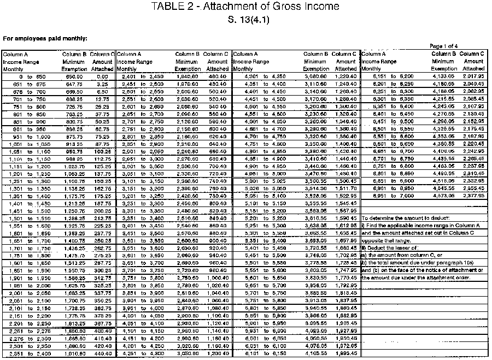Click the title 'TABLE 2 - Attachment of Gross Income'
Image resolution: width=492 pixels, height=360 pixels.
245,7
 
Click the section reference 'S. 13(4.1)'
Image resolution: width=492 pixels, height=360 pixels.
245,20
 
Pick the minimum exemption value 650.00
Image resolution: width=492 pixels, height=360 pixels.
73,77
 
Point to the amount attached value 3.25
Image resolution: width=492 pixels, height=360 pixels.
104,85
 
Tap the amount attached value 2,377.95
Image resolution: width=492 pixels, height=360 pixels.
473,194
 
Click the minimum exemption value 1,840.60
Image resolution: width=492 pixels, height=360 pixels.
188,77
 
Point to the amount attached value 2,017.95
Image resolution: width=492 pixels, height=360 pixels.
473,77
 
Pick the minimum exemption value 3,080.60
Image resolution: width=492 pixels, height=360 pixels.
316,77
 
